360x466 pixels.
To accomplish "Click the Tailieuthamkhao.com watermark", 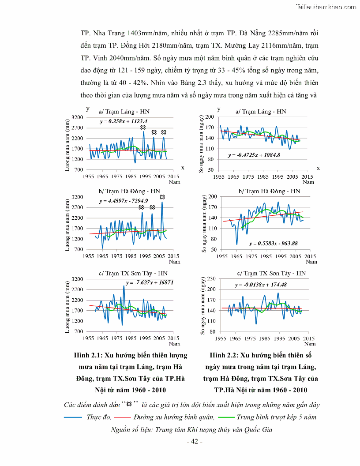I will [326, 7].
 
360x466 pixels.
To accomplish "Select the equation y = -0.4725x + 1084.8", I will [254, 155].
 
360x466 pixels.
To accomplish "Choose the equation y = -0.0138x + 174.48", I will [260, 285].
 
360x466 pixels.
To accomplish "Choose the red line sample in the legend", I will [126, 417].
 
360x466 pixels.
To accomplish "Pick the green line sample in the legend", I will [225, 417].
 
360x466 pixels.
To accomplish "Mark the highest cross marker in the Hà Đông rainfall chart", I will [162, 197].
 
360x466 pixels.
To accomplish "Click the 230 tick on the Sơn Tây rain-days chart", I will [210, 279].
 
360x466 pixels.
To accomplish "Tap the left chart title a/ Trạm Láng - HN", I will [117, 111].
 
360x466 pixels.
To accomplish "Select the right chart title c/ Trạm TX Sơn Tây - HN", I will [271, 273].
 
